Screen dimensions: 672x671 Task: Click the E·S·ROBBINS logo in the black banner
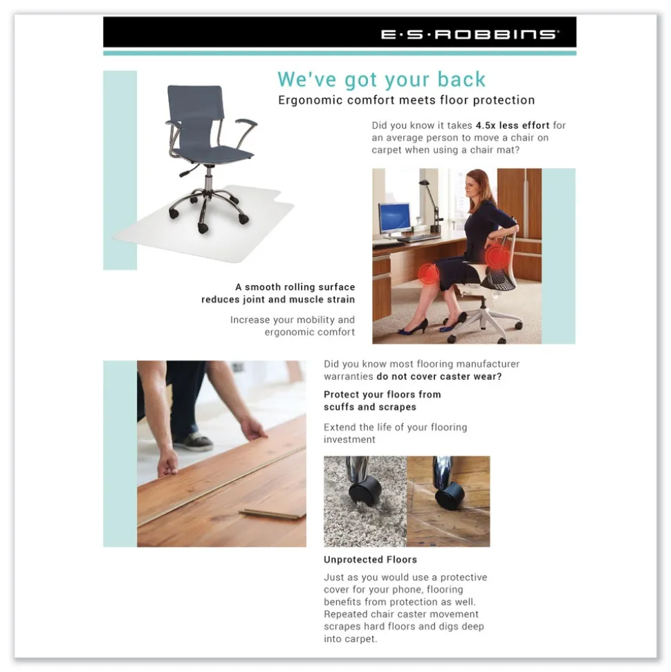(470, 34)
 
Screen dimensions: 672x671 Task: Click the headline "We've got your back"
(381, 80)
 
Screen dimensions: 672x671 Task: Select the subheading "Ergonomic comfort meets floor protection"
(406, 100)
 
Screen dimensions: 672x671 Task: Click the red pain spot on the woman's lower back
(495, 257)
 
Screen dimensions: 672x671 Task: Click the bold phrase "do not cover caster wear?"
(439, 377)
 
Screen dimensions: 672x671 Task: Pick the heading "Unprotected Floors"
(370, 560)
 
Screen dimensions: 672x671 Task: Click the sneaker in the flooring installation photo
(192, 442)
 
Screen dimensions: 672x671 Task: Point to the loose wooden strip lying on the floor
(271, 514)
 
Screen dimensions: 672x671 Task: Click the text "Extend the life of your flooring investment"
(395, 433)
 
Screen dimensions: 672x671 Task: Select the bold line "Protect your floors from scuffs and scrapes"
(382, 401)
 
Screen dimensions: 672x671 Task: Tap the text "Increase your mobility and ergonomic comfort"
(293, 326)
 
